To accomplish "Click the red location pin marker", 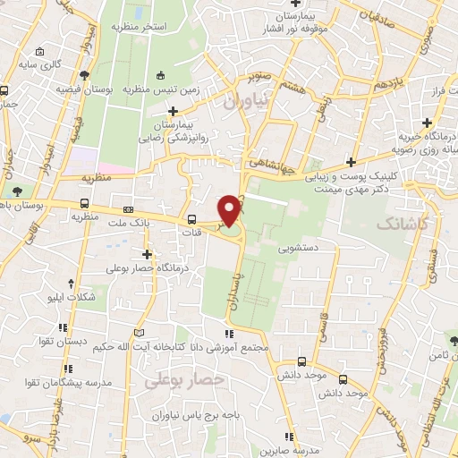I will [x=231, y=208].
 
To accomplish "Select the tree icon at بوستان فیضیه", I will [x=84, y=75].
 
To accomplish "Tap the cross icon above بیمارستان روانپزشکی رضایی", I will [x=174, y=112].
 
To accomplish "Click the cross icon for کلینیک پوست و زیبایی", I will [x=352, y=162].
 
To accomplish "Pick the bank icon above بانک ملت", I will [x=128, y=208].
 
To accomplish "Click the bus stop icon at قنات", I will [x=191, y=219].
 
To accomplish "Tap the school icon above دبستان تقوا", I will [x=62, y=327].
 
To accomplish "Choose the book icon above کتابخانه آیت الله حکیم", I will [x=139, y=333].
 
